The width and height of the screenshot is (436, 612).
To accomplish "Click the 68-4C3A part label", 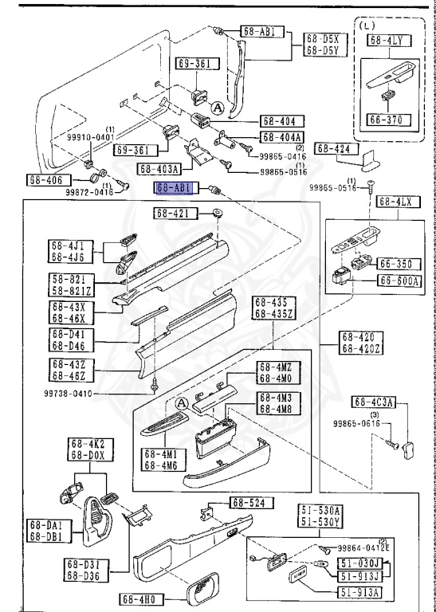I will tap(375, 402).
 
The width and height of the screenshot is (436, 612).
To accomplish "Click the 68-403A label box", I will tap(159, 169).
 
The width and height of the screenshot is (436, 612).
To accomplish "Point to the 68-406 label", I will tap(45, 180).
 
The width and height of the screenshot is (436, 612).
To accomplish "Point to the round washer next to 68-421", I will tap(218, 214).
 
